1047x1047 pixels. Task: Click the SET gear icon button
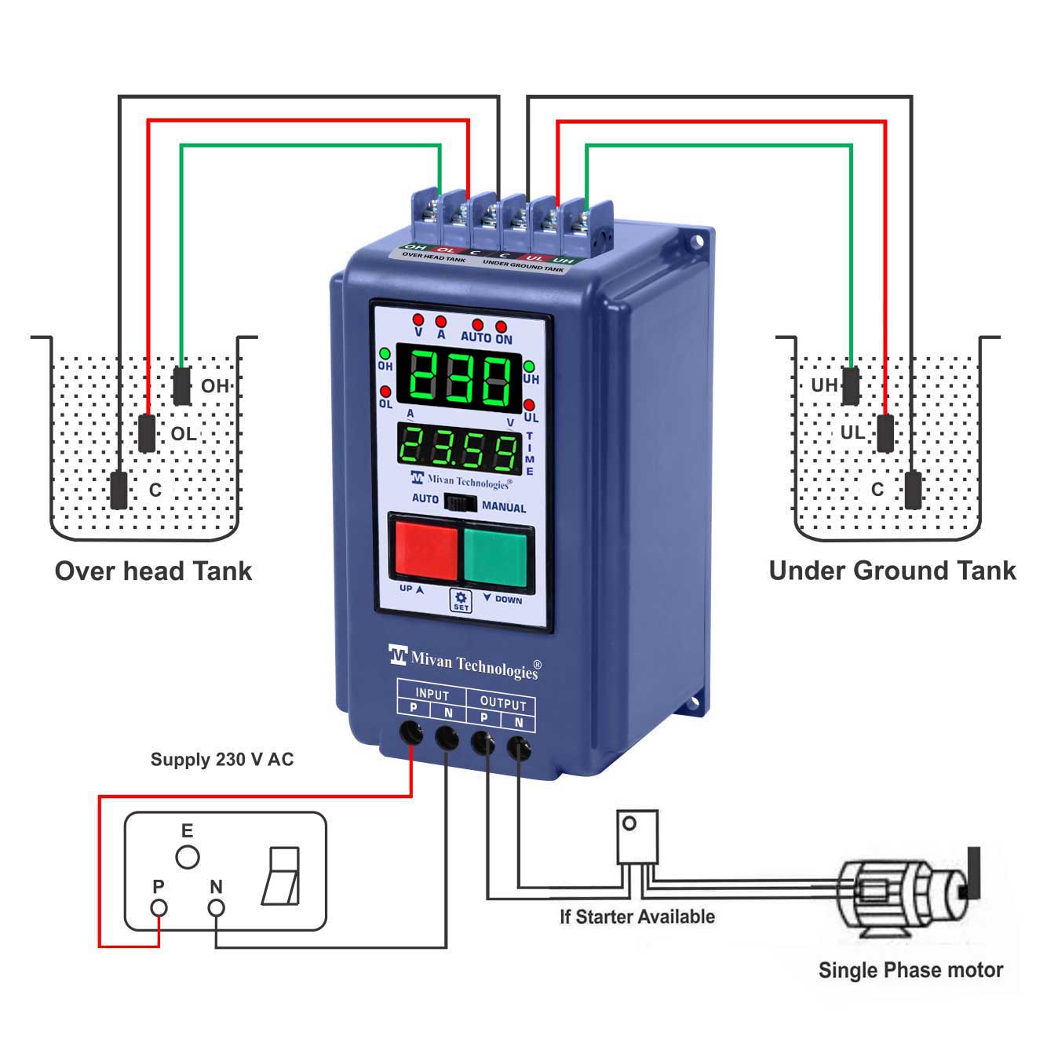pos(461,600)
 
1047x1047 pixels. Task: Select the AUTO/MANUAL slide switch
pos(461,503)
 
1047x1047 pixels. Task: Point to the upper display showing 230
pos(458,380)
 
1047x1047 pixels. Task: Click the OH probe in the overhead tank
pos(181,385)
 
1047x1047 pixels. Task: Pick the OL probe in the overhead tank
pos(147,433)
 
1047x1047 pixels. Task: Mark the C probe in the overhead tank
pos(119,491)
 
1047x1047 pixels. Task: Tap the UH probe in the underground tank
pos(850,385)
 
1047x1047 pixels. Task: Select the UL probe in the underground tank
pos(885,432)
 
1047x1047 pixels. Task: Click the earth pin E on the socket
pos(187,857)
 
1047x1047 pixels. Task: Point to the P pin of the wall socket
pos(159,908)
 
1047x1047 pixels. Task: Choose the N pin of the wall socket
pos(216,908)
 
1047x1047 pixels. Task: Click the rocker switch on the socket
pos(282,876)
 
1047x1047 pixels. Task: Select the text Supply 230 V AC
pos(222,760)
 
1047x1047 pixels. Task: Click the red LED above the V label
pos(418,319)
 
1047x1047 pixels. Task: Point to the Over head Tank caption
pos(154,571)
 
